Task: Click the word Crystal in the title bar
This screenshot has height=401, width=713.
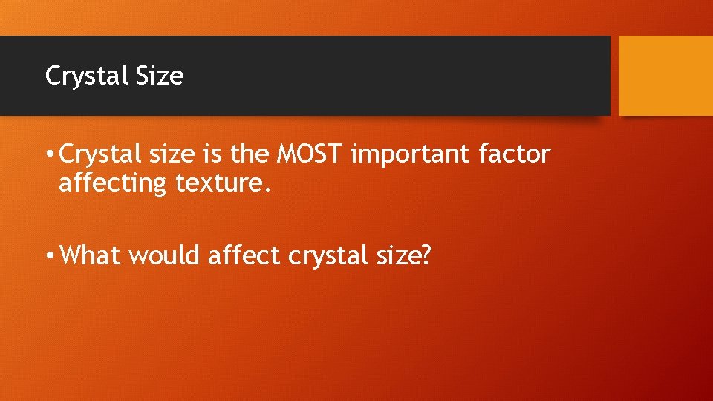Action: coord(79,76)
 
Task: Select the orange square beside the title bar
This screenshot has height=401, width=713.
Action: coord(665,76)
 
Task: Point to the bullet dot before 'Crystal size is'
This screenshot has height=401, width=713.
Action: coord(49,155)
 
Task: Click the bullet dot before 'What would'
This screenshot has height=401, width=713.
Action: coord(49,256)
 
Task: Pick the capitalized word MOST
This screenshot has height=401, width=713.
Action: coord(310,154)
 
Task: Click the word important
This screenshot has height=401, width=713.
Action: coord(410,154)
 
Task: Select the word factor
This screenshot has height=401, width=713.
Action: coord(514,154)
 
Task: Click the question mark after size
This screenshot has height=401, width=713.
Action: coord(426,255)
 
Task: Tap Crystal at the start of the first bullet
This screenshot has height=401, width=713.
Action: coord(94,155)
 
